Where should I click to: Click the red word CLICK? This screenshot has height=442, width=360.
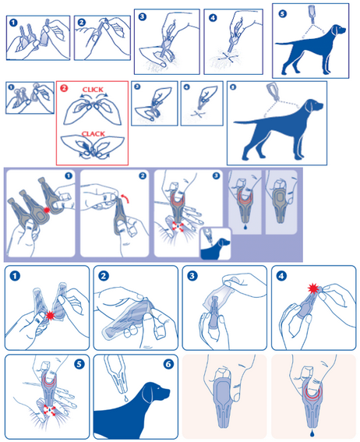pos(93,90)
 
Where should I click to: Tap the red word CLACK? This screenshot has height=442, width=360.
pos(93,134)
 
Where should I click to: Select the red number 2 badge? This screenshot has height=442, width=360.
pos(64,89)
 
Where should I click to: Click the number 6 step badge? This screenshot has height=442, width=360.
pos(168,364)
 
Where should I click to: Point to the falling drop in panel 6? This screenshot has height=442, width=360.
pos(125,398)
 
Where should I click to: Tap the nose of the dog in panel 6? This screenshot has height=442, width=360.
pos(168,391)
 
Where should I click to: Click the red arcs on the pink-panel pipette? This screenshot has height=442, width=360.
pos(312,392)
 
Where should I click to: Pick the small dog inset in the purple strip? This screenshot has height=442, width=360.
pos(216,243)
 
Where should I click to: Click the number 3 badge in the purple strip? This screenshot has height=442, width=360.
pos(216,176)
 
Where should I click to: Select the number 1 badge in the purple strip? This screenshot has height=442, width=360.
pos(69,176)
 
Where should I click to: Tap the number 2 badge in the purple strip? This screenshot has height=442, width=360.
pos(143,176)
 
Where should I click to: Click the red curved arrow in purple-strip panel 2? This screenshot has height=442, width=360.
pos(125,198)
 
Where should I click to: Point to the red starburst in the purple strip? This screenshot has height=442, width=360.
pos(47,210)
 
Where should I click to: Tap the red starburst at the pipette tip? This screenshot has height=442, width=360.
pos(312,288)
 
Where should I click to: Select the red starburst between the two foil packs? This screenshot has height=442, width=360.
pos(51,316)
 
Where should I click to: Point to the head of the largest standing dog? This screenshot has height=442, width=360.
pos(313,106)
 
